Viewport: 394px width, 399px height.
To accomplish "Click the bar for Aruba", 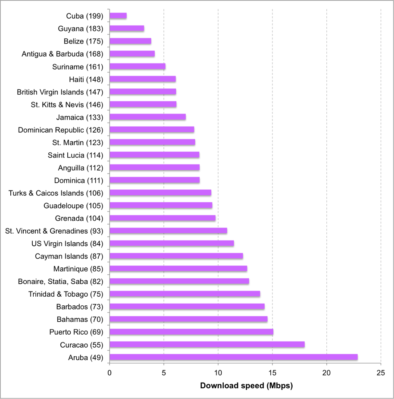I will coord(233,357).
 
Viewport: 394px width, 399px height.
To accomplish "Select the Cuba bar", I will coord(118,16).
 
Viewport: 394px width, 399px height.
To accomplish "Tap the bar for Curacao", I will coord(207,345).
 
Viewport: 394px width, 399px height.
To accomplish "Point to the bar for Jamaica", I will coord(147,117).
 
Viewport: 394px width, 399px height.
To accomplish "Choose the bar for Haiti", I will coord(143,79).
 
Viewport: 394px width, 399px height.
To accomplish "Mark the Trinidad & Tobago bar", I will coord(184,294).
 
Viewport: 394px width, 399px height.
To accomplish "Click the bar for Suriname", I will coord(138,66).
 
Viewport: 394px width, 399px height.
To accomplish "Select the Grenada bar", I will coord(163,218).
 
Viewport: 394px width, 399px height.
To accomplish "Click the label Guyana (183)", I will coord(80,28).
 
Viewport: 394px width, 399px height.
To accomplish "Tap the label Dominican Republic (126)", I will coord(60,130).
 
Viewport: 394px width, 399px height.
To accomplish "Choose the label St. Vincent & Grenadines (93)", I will coord(54,231).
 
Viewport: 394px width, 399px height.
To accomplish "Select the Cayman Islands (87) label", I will coord(69,256).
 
